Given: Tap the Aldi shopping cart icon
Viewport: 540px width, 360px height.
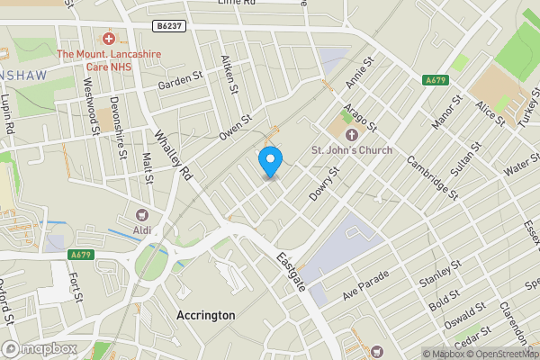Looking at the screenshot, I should pos(142,215).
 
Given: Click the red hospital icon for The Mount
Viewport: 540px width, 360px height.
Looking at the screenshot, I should pos(109,39).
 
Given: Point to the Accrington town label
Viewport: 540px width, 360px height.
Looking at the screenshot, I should pos(206,316).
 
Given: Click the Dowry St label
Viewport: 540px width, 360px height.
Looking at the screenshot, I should pos(322,184).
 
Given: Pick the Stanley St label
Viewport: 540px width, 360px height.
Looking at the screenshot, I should pos(440,274).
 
